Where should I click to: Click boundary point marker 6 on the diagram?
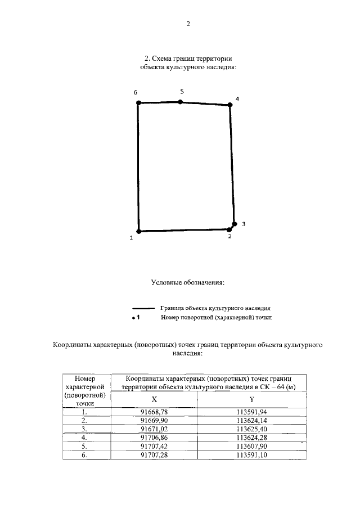pyautogui.click(x=138, y=103)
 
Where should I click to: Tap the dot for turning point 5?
pyautogui.click(x=180, y=102)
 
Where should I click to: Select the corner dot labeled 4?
pyautogui.click(x=230, y=105)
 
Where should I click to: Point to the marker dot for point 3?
pyautogui.click(x=235, y=224)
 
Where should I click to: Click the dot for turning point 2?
pyautogui.click(x=229, y=229)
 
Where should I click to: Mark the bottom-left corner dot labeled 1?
pyautogui.click(x=138, y=231)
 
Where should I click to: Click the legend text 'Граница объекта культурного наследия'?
pyautogui.click(x=216, y=309)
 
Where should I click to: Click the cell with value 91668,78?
pyautogui.click(x=154, y=412)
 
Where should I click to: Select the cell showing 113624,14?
pyautogui.click(x=252, y=420)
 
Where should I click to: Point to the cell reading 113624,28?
pyautogui.click(x=252, y=436)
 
